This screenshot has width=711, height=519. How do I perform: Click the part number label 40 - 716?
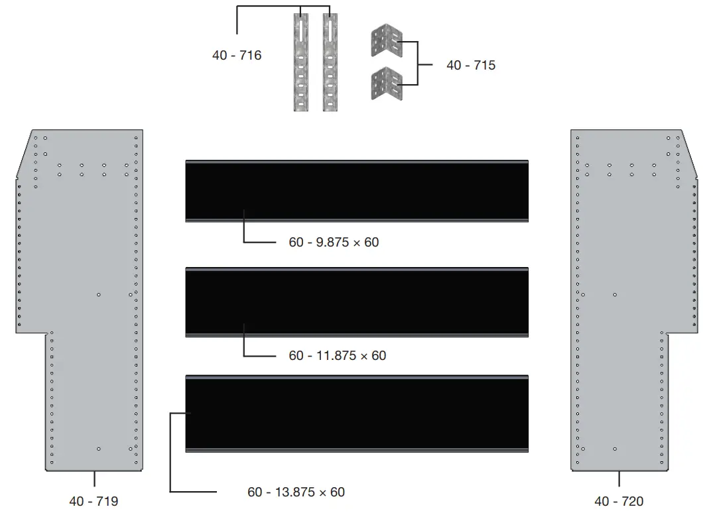point(237,55)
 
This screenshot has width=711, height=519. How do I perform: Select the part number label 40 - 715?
point(471,65)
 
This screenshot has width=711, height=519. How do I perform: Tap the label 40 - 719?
point(94,501)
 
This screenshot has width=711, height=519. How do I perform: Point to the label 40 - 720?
point(619,501)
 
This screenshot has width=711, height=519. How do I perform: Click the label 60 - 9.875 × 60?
point(334,242)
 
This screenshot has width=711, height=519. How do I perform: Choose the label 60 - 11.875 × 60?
point(338,355)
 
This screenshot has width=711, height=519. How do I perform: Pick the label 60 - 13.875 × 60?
point(296,492)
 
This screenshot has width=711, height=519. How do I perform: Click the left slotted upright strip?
point(301,62)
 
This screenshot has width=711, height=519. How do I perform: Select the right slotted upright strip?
point(330,62)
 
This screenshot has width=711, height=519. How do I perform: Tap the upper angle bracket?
point(386,41)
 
